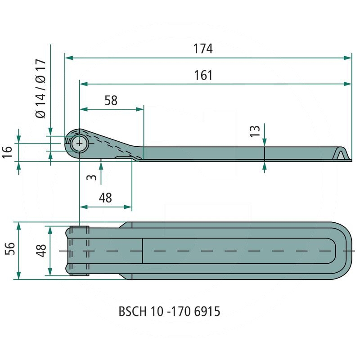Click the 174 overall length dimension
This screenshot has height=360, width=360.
203,49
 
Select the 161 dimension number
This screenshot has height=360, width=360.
203,75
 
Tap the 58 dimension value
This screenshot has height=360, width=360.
111,100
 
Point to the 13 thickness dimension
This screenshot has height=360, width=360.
255,131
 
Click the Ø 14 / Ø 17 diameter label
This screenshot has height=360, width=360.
41,89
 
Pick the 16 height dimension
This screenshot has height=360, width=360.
7,152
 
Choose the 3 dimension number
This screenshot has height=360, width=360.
91,177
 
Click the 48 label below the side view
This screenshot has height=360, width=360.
105,198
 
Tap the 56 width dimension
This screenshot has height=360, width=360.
10,248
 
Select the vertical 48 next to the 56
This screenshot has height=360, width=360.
41,251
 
